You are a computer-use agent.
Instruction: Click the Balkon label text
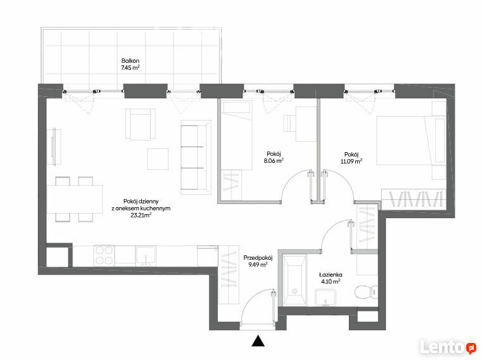click(130, 61)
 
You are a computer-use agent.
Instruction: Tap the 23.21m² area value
click(141, 215)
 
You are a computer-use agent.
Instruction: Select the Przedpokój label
click(258, 257)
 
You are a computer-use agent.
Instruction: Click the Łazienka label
click(331, 274)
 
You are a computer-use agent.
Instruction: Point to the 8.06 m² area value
click(274, 160)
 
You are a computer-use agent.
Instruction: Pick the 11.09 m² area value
click(352, 161)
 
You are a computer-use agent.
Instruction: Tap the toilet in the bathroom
click(366, 292)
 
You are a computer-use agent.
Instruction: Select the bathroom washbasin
click(325, 297)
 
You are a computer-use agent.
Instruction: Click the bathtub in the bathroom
click(295, 280)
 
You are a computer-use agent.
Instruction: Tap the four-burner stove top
click(104, 255)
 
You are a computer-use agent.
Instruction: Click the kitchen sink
click(146, 255)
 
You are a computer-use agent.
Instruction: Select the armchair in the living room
click(140, 124)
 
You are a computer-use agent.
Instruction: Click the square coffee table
click(158, 159)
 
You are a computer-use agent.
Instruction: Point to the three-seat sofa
click(196, 157)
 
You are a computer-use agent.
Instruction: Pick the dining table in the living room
click(74, 199)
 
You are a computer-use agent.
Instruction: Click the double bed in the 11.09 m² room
click(411, 140)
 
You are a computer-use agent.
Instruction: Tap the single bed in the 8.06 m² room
click(236, 135)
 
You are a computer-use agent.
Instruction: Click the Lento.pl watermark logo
click(448, 347)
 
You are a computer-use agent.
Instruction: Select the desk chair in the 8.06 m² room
click(289, 124)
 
